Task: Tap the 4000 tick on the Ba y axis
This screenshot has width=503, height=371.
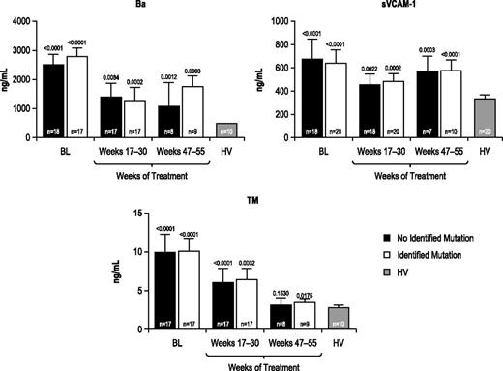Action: (x=22, y=21)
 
